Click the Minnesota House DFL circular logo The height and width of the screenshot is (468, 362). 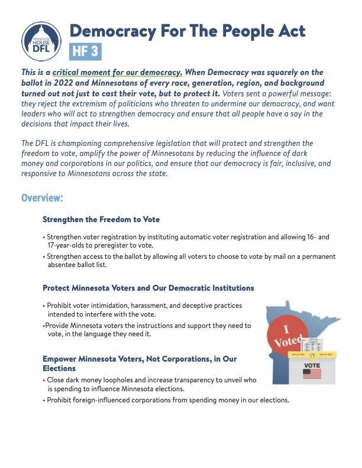point(41,41)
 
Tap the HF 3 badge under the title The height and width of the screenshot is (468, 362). point(85,51)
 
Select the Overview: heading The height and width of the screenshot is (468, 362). point(42,197)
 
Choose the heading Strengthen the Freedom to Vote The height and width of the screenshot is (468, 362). point(101,219)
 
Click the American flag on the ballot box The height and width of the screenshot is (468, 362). point(312,373)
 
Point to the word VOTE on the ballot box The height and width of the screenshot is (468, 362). point(312,365)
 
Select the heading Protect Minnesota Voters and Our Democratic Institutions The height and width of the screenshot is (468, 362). point(148,288)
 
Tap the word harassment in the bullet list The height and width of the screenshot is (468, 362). point(139,304)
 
